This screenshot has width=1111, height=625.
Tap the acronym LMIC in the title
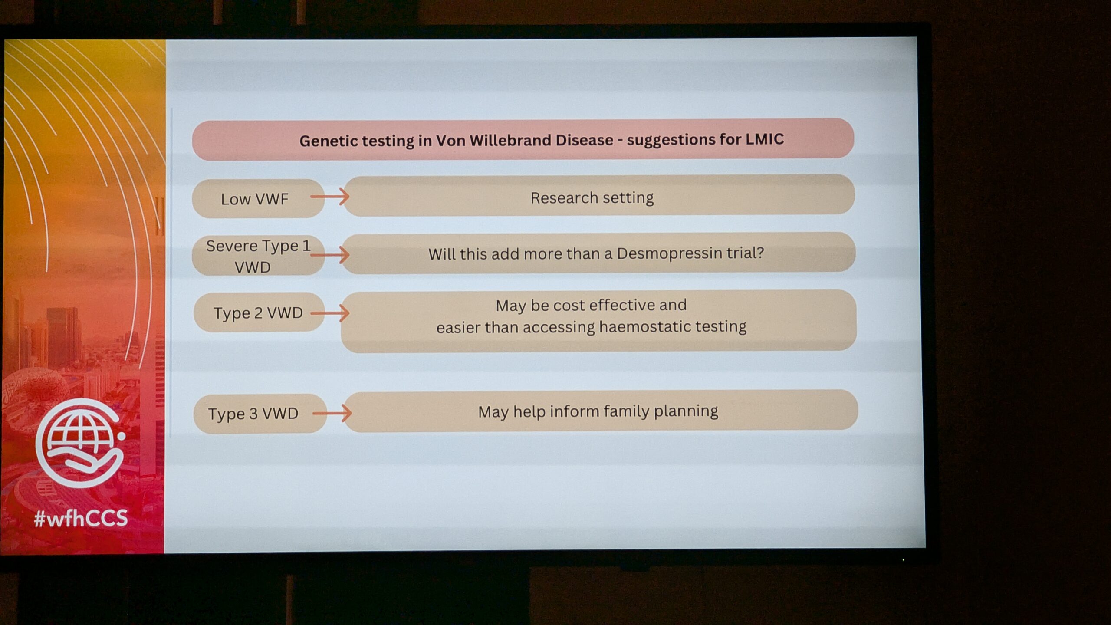(x=764, y=139)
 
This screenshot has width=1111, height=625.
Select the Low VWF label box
(x=258, y=198)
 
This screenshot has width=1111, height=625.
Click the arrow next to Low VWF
(x=330, y=197)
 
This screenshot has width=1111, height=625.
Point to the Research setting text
(x=592, y=198)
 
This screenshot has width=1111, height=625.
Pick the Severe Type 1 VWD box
(x=258, y=256)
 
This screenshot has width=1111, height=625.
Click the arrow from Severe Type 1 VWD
(x=330, y=255)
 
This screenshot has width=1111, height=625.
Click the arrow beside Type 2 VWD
(x=330, y=313)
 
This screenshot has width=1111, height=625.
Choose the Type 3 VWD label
(x=260, y=413)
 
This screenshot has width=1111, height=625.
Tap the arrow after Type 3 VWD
(x=332, y=413)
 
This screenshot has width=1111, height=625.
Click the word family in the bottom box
(x=627, y=411)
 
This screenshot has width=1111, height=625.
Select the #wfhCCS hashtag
(x=81, y=518)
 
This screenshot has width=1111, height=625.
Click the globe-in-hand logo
(x=80, y=442)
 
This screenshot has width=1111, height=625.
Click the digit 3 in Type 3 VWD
(x=253, y=414)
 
